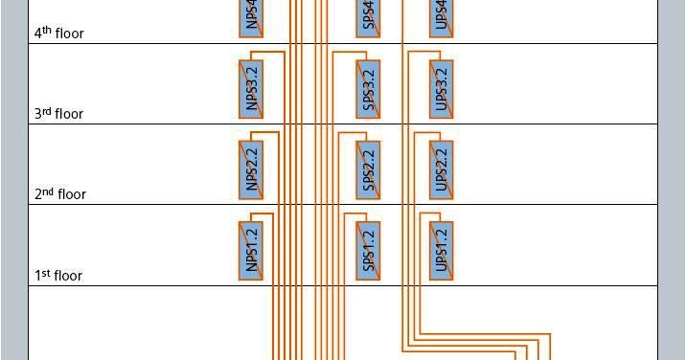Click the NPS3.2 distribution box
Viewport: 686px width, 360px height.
coord(252,89)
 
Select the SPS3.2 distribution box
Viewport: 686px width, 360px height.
coord(370,89)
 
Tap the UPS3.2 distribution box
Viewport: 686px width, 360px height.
coord(441,89)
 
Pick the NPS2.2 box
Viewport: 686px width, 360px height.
coord(252,169)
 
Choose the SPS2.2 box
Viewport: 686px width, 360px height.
coord(370,169)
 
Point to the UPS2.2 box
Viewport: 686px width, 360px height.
coord(441,169)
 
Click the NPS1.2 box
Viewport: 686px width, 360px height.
coord(252,251)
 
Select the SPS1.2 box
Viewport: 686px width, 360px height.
coord(370,251)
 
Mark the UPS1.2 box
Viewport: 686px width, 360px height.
coord(441,251)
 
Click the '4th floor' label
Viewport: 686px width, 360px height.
coord(59,33)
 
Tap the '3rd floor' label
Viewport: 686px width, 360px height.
coord(59,113)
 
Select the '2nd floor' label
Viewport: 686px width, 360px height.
coord(60,193)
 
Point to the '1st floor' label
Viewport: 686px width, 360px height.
coord(58,276)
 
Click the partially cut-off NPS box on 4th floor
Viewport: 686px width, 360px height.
coord(252,18)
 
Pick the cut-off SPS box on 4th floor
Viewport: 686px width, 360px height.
coord(370,18)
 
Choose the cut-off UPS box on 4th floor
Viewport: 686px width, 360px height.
coord(441,18)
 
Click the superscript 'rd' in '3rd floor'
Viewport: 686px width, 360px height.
coord(46,110)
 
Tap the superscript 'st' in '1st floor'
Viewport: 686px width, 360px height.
coord(45,273)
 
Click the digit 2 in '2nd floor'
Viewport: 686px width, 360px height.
coord(37,194)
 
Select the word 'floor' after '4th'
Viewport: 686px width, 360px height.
coord(70,34)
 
